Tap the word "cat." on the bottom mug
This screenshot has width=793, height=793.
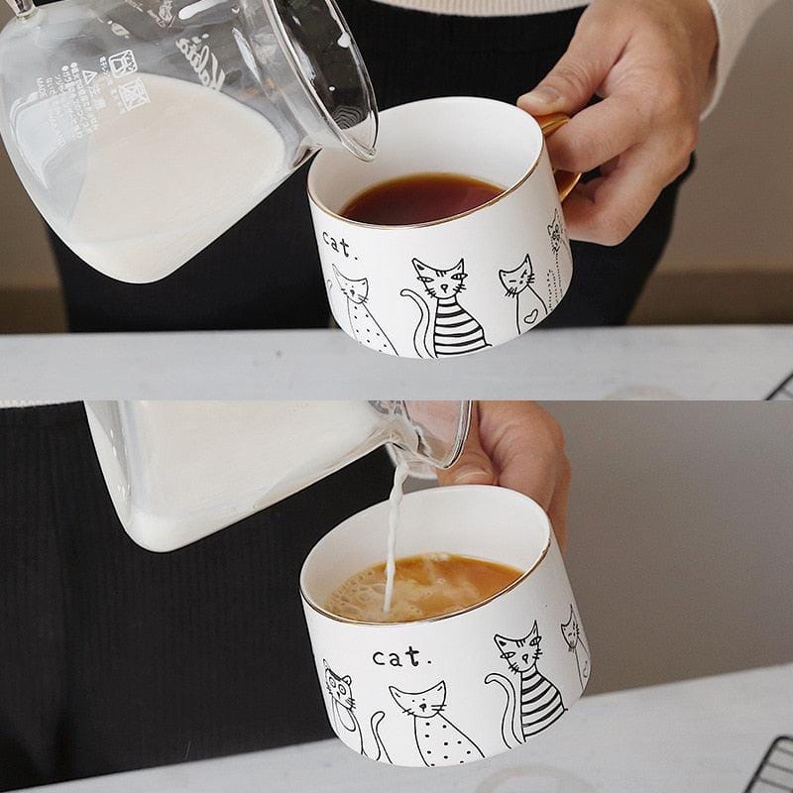point(401,656)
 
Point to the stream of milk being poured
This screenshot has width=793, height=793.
point(394,525)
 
